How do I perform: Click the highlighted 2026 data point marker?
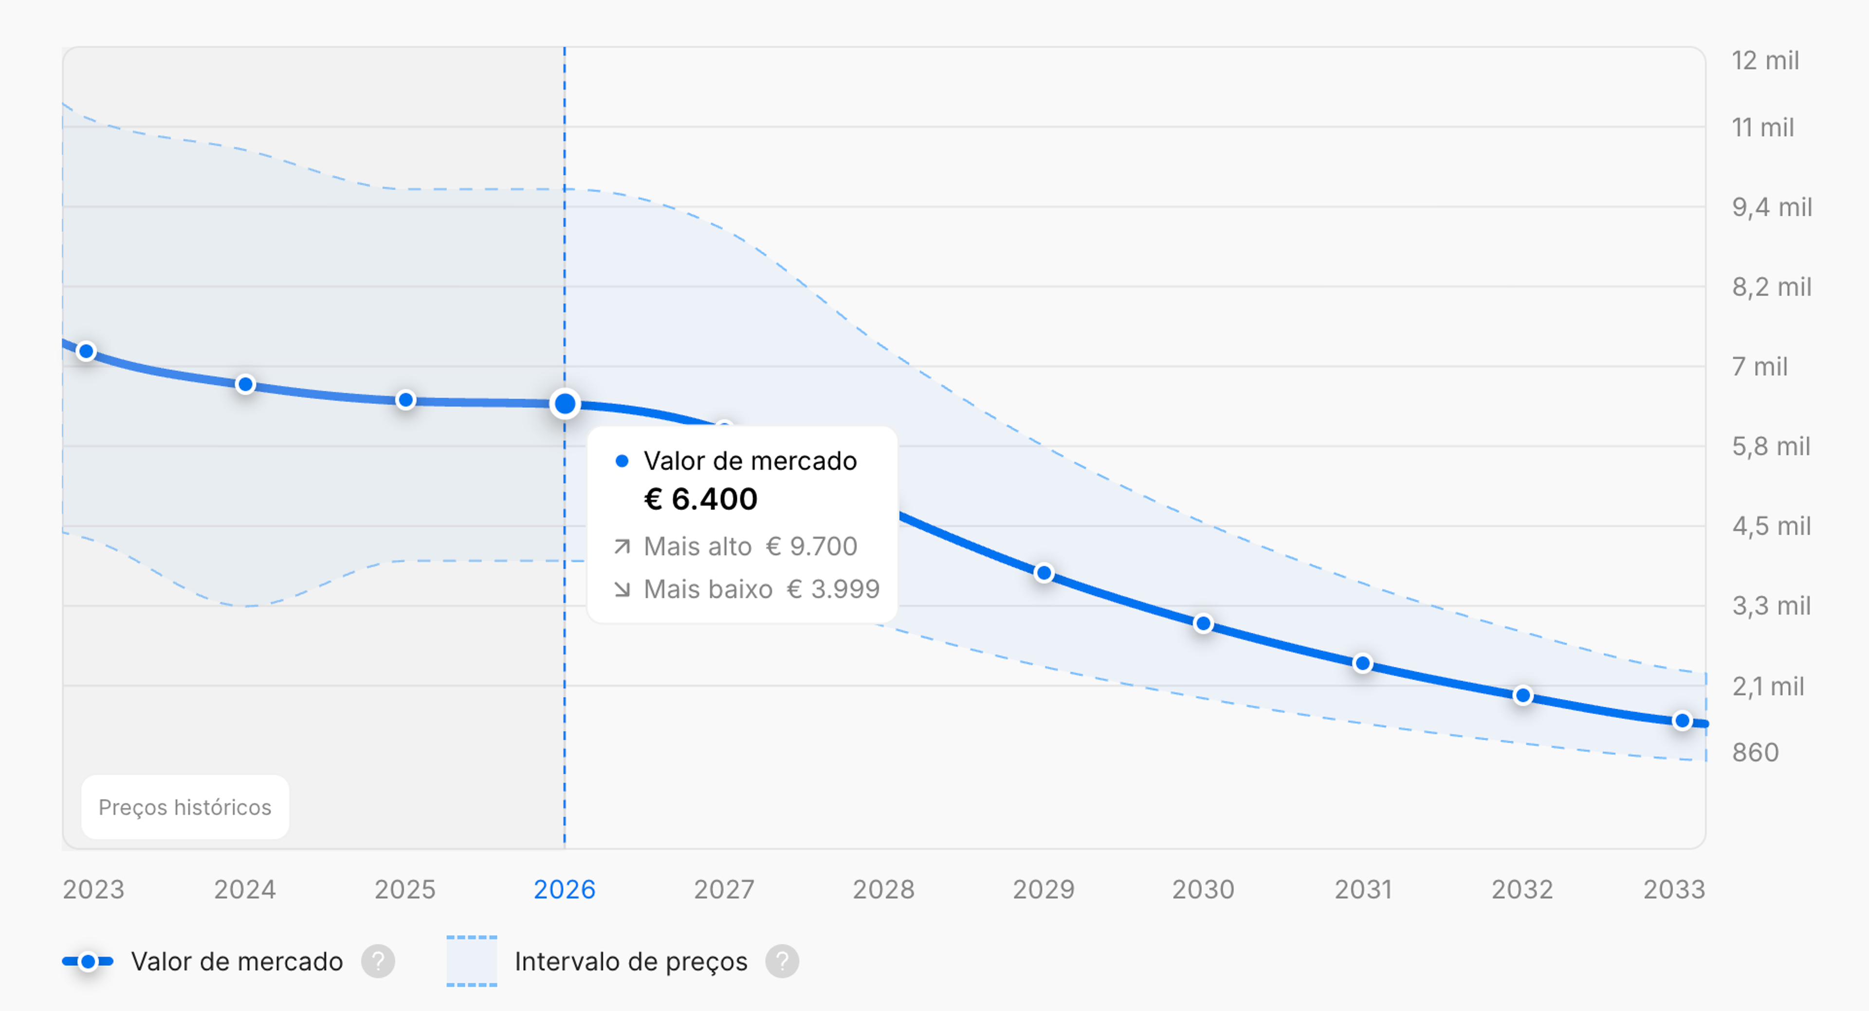click(565, 404)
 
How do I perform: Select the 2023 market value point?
click(86, 351)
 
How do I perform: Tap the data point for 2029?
click(1044, 573)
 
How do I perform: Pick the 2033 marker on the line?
click(1682, 721)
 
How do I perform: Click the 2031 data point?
click(1363, 663)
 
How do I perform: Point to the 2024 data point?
click(245, 384)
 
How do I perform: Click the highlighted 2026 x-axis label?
click(565, 889)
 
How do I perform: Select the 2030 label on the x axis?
click(1203, 889)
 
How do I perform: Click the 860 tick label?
click(1755, 752)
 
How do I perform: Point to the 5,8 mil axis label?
click(1771, 447)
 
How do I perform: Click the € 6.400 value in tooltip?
click(701, 499)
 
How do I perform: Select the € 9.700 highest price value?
click(812, 546)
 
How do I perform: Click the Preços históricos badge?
click(185, 807)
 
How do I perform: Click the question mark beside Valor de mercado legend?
click(378, 962)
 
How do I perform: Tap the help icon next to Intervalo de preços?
click(782, 962)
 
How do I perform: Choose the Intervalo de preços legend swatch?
click(472, 962)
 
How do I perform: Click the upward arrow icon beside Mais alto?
click(622, 546)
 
